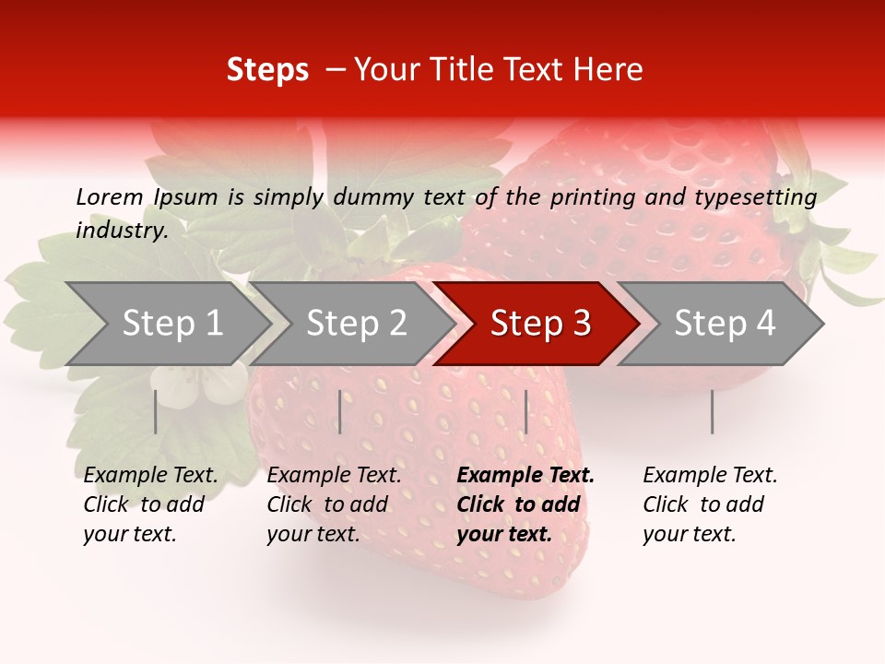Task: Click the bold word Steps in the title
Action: [x=267, y=70]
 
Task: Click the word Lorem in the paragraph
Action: [x=110, y=196]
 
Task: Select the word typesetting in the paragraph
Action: [x=755, y=196]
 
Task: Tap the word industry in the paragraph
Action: [x=121, y=230]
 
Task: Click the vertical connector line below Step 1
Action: [x=156, y=411]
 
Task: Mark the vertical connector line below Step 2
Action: [x=340, y=411]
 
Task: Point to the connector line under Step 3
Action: [x=525, y=411]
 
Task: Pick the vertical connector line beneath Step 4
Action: [x=712, y=411]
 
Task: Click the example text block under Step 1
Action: [x=150, y=504]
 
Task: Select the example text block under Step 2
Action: [x=334, y=504]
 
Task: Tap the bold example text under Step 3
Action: [x=525, y=504]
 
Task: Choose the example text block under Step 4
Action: [x=710, y=504]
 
